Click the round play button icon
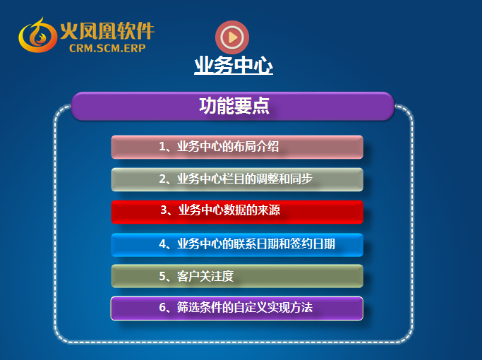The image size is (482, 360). (232, 37)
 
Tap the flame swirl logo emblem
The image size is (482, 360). (37, 35)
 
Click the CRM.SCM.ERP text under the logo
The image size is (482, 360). (107, 48)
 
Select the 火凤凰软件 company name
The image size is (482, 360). (107, 31)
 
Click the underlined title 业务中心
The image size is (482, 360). (234, 65)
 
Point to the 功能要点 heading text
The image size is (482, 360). (234, 106)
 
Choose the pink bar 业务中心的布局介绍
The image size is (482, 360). (237, 147)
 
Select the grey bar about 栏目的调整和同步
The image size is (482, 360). (237, 179)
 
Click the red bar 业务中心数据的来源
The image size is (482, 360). (237, 212)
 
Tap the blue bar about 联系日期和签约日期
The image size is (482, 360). (237, 245)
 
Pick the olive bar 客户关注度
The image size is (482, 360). (237, 276)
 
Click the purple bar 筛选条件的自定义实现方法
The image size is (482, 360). (237, 308)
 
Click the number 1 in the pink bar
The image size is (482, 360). (162, 146)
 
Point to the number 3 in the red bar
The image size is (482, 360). (164, 210)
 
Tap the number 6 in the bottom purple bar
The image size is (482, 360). (162, 307)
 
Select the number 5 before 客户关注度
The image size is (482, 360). (162, 276)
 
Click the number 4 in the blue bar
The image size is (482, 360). (162, 244)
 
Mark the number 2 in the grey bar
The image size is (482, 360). (162, 179)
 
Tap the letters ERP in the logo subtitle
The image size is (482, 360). (135, 48)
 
